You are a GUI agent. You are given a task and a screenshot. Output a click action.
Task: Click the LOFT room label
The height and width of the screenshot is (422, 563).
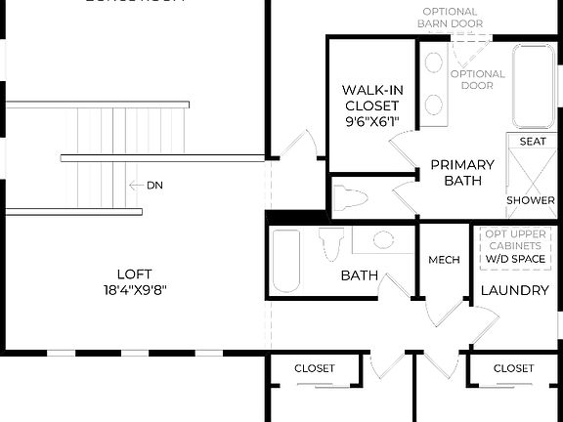pos(134,274)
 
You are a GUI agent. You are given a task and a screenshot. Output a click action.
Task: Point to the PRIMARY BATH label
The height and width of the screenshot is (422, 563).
pos(462,173)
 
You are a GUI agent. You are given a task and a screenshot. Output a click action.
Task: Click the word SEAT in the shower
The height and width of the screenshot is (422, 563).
pos(533,142)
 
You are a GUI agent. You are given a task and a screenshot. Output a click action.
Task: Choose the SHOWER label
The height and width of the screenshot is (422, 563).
pos(531,200)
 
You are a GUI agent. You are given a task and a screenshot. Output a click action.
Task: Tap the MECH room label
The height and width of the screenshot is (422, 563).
pos(444,260)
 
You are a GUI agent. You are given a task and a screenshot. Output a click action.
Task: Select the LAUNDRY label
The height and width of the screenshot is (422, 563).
pos(514,290)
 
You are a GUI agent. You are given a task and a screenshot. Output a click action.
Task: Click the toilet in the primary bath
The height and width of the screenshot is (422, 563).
pos(349,199)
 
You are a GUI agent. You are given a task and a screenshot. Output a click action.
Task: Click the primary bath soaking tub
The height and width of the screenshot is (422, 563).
pos(534,86)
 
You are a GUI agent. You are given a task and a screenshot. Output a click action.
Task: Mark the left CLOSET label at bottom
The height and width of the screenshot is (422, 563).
pos(315,368)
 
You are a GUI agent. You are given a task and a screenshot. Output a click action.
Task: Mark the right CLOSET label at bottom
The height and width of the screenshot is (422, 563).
pos(513,368)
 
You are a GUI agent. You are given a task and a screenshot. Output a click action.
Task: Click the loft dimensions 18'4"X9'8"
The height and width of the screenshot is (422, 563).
pos(134,290)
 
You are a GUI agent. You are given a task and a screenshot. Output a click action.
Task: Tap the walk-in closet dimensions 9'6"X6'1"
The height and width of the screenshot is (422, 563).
pos(372,122)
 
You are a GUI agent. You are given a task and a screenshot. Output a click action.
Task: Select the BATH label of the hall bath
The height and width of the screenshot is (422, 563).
pos(360,276)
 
